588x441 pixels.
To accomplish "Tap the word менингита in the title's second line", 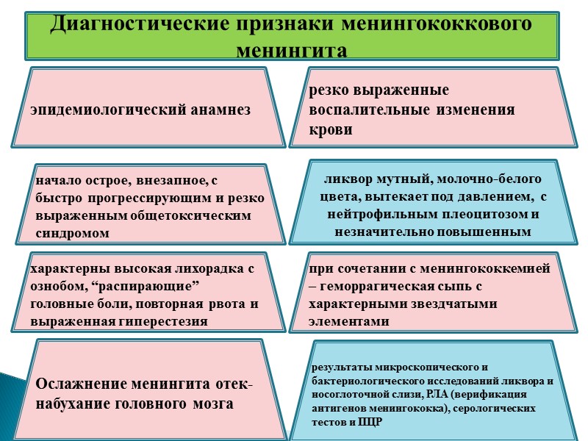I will [x=292, y=51].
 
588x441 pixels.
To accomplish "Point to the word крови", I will [x=331, y=130].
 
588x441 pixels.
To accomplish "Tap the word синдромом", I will [x=73, y=233].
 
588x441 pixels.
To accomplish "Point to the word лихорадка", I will [x=202, y=270].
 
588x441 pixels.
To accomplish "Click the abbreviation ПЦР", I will [x=372, y=421].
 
